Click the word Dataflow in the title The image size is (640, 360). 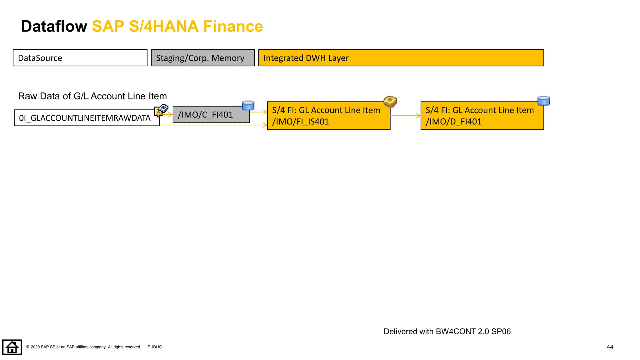[x=54, y=26]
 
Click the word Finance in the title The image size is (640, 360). [x=233, y=26]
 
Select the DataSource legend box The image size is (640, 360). [x=80, y=58]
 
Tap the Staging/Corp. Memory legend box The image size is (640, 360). [x=202, y=58]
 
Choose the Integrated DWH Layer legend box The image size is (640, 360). [x=401, y=58]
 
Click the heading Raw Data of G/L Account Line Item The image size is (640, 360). [x=92, y=96]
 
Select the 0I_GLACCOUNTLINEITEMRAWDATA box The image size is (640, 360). [x=85, y=118]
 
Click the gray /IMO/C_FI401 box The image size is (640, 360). [x=211, y=115]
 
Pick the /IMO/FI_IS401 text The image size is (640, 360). [x=300, y=122]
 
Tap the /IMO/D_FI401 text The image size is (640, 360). [x=453, y=122]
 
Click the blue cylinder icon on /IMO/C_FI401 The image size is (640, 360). [x=248, y=105]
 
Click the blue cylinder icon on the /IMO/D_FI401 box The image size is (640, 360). [x=543, y=101]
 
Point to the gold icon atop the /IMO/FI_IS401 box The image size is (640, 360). [x=390, y=102]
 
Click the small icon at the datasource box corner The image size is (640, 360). [x=161, y=110]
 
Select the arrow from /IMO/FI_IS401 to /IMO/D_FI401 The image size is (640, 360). [x=405, y=116]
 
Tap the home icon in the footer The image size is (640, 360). [x=12, y=347]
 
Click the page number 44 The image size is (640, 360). [x=610, y=347]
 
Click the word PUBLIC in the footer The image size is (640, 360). [x=155, y=347]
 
